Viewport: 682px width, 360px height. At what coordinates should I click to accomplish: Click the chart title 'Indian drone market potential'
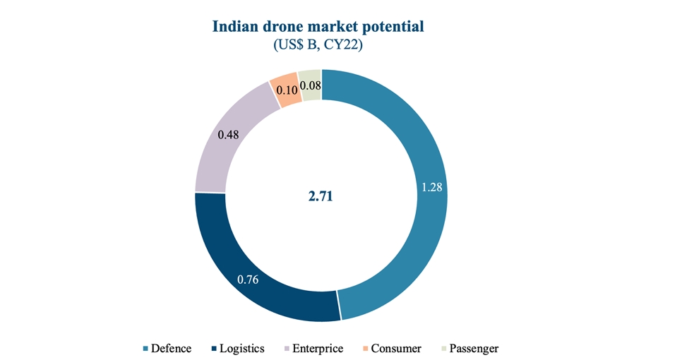coord(318,27)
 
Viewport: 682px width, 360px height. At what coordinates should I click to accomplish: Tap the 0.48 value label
coord(228,134)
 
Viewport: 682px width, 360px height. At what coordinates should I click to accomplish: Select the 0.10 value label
coord(286,90)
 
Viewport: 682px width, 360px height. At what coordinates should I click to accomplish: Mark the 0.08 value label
coord(311,86)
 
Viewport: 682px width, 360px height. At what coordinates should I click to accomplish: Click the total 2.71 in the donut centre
coord(320,196)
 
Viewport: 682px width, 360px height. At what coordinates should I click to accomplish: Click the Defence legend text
coord(172,349)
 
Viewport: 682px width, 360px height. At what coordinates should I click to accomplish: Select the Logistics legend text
coord(241,349)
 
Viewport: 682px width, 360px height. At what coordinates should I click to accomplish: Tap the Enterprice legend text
coord(318,349)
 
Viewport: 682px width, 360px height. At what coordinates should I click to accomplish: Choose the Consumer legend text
coord(396,349)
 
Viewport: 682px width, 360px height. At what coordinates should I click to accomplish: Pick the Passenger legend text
coord(473,349)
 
